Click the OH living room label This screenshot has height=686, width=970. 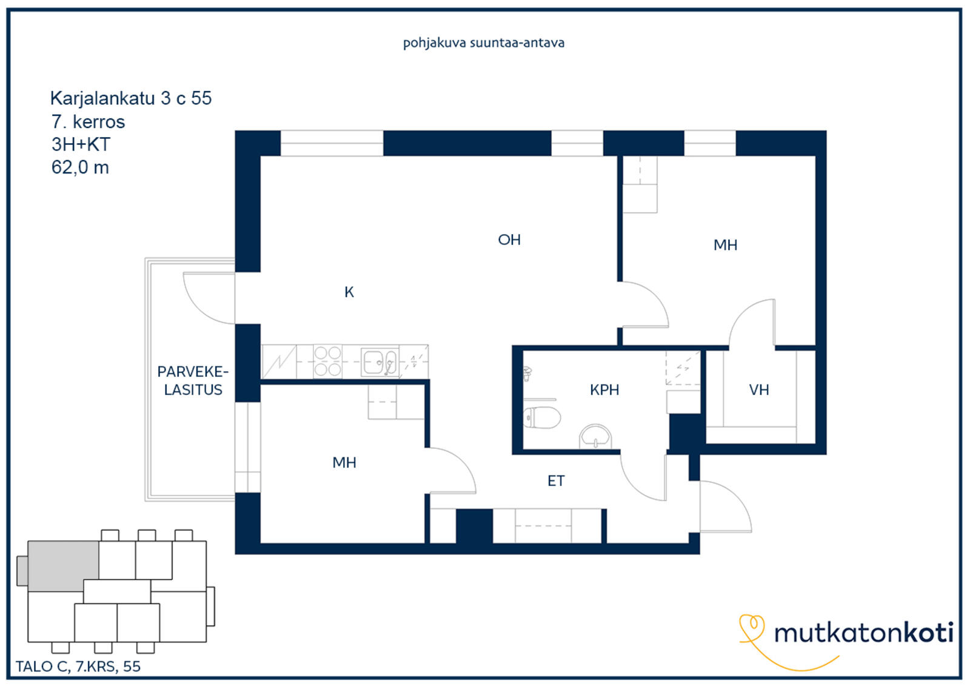pyautogui.click(x=509, y=240)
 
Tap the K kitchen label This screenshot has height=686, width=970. pyautogui.click(x=349, y=292)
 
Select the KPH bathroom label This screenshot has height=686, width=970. pyautogui.click(x=604, y=390)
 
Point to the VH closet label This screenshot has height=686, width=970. pyautogui.click(x=758, y=390)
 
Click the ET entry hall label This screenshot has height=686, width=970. pyautogui.click(x=556, y=480)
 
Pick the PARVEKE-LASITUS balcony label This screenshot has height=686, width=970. pyautogui.click(x=193, y=381)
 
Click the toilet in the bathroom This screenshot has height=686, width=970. pyautogui.click(x=541, y=417)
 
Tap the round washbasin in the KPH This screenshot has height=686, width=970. pyautogui.click(x=595, y=436)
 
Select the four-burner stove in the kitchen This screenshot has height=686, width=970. pyautogui.click(x=327, y=361)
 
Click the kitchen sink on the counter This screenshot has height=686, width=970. pyautogui.click(x=380, y=362)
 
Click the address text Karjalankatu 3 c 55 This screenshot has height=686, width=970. pyautogui.click(x=131, y=98)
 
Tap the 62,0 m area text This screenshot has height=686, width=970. pyautogui.click(x=80, y=167)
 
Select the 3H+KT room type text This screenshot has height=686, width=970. pyautogui.click(x=81, y=144)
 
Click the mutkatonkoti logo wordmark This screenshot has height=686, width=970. pyautogui.click(x=864, y=633)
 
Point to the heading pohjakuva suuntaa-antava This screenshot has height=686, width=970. pyautogui.click(x=484, y=43)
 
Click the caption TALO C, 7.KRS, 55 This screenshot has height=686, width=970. pyautogui.click(x=78, y=666)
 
